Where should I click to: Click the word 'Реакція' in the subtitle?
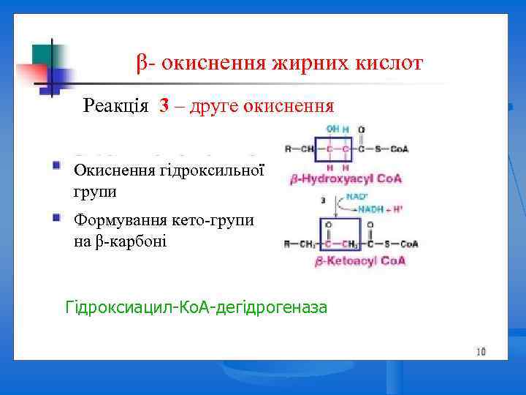click(x=118, y=106)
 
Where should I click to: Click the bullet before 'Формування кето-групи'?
click(x=56, y=217)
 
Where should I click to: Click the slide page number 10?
click(x=481, y=352)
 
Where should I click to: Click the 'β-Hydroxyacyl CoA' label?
click(x=346, y=178)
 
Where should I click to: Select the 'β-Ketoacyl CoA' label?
click(x=348, y=260)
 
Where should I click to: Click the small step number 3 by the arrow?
click(x=322, y=197)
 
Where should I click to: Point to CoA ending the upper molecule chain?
click(x=399, y=149)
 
